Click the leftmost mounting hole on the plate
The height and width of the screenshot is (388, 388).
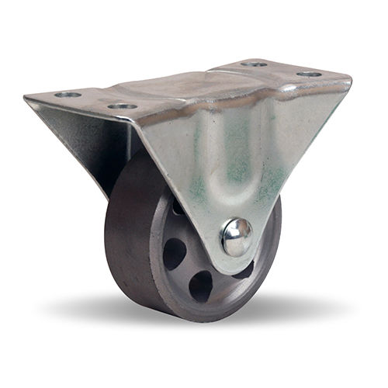[x=68, y=95]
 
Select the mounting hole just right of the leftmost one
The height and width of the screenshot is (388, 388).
[x=122, y=106]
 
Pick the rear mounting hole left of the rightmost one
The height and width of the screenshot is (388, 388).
[x=254, y=64]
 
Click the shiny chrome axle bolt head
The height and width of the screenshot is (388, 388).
[x=236, y=237]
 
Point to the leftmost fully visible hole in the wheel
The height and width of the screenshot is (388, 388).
[x=175, y=253]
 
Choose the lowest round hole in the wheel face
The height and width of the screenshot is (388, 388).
[x=201, y=286]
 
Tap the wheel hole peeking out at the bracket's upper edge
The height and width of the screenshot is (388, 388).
[x=178, y=208]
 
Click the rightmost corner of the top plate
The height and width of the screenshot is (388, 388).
[x=350, y=78]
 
